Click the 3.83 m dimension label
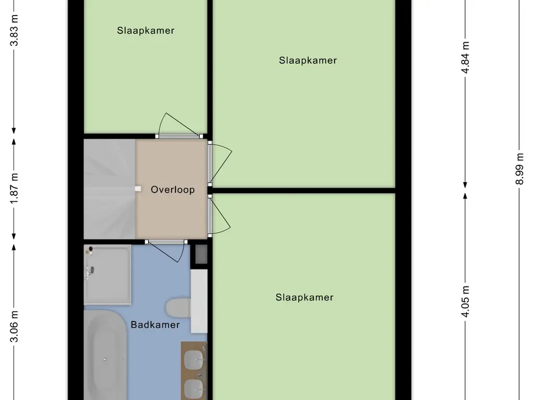(14, 31)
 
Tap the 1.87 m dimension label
(14, 189)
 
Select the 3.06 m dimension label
(14, 327)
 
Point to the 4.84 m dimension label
(465, 57)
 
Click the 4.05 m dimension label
(465, 302)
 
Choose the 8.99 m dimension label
(519, 169)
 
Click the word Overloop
(173, 190)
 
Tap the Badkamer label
(155, 324)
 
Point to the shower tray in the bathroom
(107, 274)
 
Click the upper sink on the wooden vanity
(194, 359)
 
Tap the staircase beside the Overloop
(109, 189)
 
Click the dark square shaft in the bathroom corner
(201, 254)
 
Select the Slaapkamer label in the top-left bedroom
(146, 30)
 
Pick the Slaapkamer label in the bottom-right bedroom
(304, 297)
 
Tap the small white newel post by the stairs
(137, 189)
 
